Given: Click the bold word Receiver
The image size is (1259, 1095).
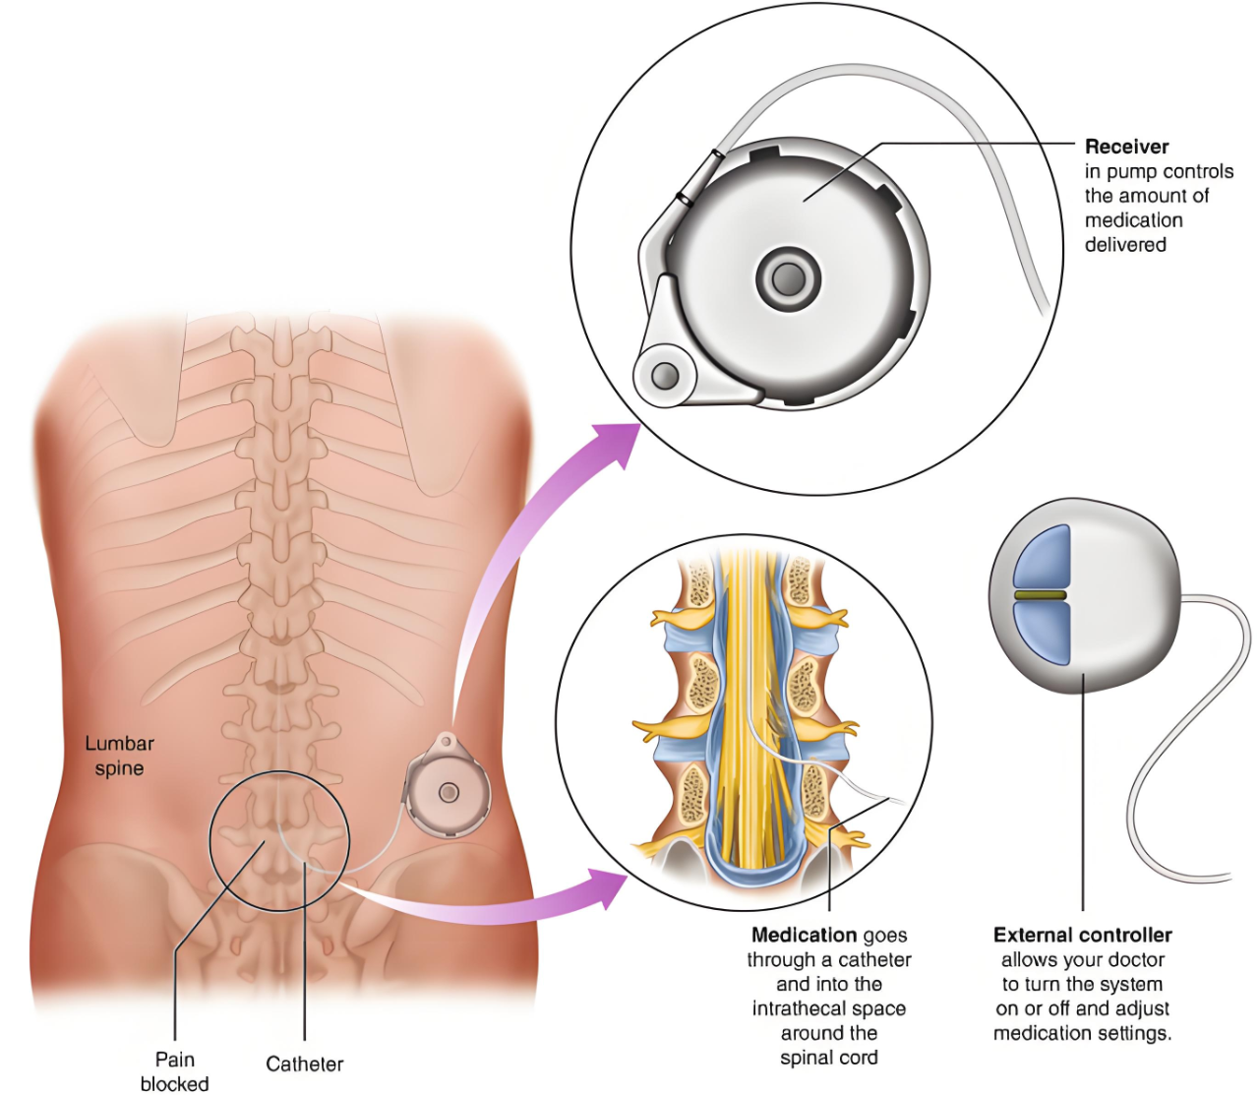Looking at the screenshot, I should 1126,147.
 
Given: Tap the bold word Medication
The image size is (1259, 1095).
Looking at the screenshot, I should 804,936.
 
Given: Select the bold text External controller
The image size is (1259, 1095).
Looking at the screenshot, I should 1082,936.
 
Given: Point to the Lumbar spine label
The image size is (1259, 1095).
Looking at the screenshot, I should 119,756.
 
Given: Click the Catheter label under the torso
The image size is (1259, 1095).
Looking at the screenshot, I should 304,1064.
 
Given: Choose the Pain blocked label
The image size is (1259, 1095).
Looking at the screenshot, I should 174,1071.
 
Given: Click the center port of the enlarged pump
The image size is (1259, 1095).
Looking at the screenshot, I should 787,278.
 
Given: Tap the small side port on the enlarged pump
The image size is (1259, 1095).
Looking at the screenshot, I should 665,375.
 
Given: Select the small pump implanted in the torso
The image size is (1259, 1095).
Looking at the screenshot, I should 447,788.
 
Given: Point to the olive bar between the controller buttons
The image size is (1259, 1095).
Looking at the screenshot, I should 1041,596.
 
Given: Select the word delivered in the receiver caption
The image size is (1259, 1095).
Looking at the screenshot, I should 1125,245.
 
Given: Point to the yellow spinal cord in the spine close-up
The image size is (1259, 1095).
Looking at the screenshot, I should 748,708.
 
